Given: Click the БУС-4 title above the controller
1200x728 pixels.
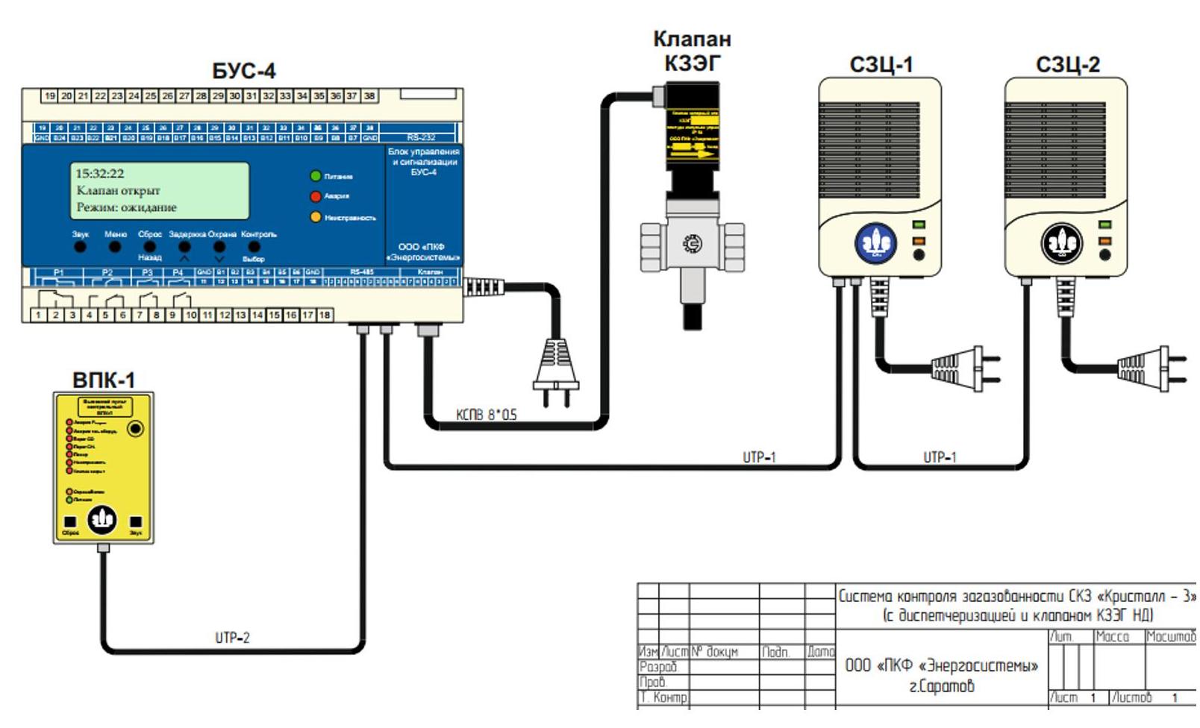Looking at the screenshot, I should tap(244, 71).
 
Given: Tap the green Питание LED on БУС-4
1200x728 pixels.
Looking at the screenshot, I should tap(316, 176).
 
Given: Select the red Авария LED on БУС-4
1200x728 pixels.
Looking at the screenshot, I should tap(316, 196).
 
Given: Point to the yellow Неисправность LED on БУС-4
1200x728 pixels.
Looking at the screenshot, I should tap(316, 217).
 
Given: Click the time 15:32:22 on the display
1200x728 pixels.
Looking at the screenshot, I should tap(100, 173).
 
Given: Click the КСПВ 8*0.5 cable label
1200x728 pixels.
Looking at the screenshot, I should tap(487, 415).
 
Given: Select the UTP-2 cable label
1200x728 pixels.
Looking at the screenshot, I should tap(233, 638).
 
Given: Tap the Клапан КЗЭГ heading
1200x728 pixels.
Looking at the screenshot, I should tap(692, 51).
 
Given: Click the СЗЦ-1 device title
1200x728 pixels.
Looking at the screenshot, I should tap(881, 66).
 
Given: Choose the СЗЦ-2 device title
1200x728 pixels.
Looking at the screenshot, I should tap(1068, 66).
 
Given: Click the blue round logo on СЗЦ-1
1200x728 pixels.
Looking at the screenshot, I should tap(876, 243).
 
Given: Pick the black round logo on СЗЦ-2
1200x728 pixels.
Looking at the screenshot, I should tap(1062, 243).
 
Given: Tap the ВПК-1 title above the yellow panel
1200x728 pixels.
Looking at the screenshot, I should tap(104, 380).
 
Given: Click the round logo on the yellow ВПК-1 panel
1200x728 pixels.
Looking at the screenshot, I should tap(102, 518).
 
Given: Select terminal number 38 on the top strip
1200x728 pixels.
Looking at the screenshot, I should tap(369, 96).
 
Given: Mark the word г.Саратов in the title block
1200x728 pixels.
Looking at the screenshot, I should tap(941, 686).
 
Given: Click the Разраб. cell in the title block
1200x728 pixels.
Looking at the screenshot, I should tap(659, 667).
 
